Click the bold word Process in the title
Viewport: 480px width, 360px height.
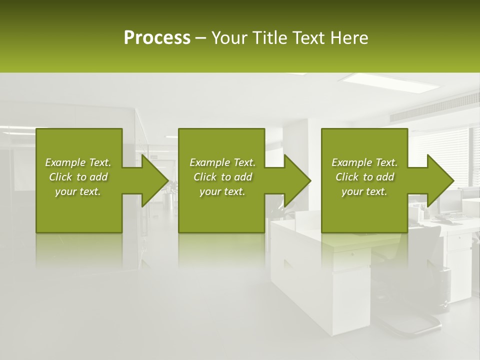coord(157,38)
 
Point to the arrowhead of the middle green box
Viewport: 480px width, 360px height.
coord(297,180)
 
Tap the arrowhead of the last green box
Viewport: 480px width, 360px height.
coord(440,180)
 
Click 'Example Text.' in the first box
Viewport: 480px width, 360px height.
coord(78,162)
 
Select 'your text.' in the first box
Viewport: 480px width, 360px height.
coord(78,191)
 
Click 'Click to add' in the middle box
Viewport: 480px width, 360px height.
coord(222,177)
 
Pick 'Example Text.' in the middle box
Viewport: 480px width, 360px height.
coord(222,162)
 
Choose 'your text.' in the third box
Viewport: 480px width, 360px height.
coord(364,191)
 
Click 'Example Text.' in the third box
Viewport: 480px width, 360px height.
coord(364,162)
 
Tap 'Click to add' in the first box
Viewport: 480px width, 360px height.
coord(78,177)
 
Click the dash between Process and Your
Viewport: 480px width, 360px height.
coord(201,38)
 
